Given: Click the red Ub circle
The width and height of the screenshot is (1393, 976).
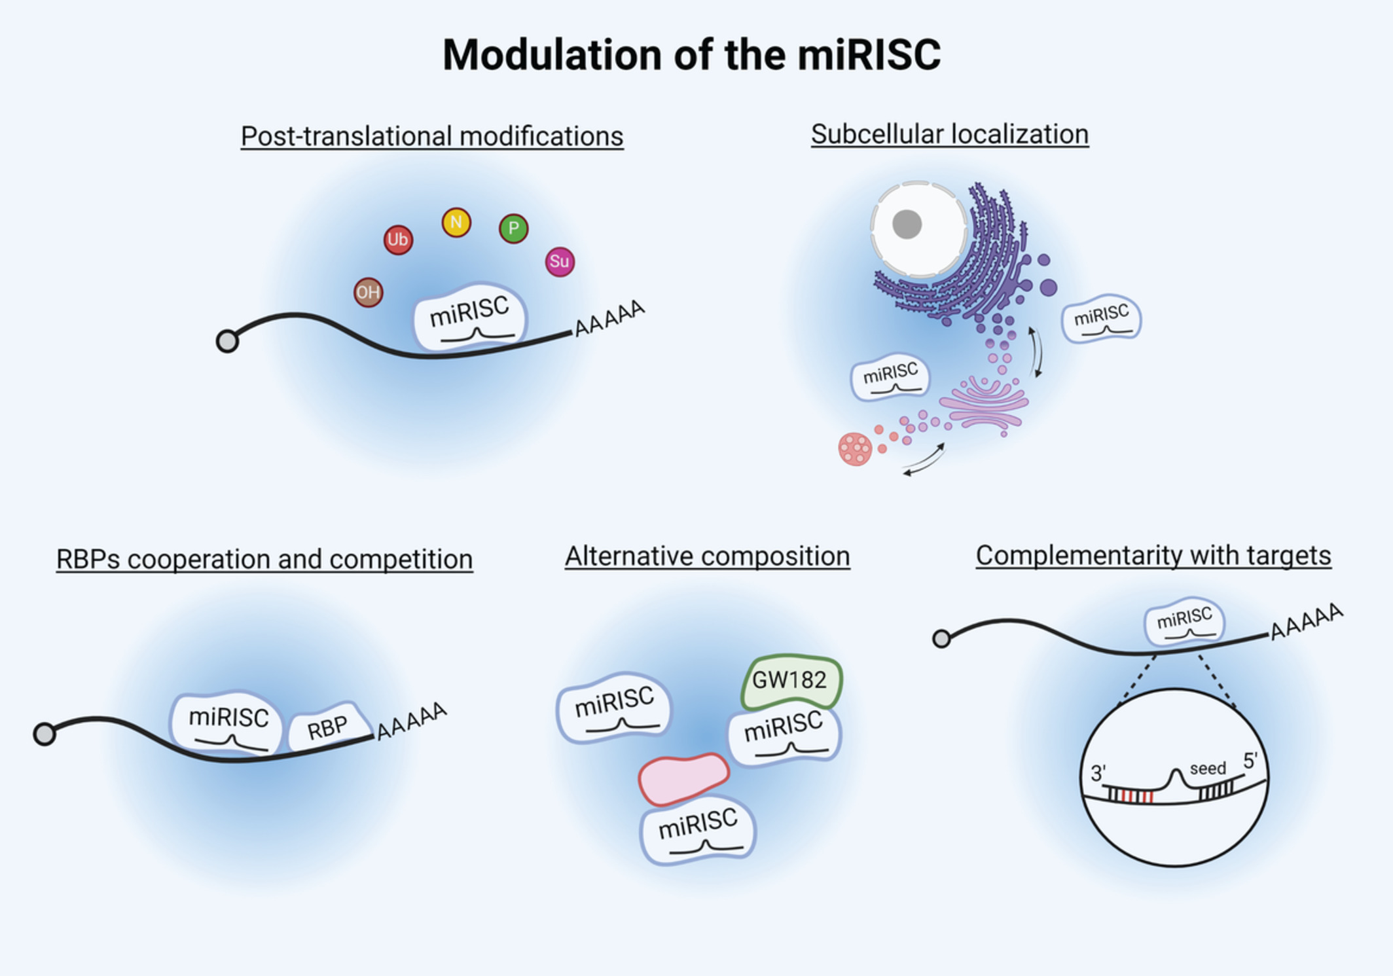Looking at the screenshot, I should click(x=398, y=240).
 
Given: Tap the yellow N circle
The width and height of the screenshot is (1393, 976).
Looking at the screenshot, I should click(x=456, y=223).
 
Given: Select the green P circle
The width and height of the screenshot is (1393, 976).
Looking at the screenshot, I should click(x=514, y=228).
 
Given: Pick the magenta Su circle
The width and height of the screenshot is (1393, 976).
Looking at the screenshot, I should click(x=560, y=262).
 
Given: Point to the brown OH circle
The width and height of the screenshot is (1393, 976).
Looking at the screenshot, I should click(x=368, y=292).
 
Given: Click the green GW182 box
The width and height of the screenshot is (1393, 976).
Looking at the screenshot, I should click(x=791, y=681).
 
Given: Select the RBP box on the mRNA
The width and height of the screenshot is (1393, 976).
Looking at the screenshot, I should click(x=328, y=727).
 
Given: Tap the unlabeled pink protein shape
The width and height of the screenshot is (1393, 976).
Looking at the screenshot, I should click(x=683, y=778).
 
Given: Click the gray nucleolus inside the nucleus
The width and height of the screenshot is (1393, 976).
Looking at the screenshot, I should click(x=907, y=225).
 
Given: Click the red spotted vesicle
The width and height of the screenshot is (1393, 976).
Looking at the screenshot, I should click(x=855, y=449).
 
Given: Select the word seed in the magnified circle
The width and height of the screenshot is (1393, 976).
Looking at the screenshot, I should click(x=1208, y=768).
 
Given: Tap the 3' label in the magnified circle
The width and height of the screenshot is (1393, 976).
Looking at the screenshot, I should click(x=1098, y=774).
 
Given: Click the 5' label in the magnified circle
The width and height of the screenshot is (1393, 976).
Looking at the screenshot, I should click(x=1250, y=761).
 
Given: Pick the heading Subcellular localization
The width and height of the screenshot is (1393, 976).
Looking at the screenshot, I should click(x=949, y=134).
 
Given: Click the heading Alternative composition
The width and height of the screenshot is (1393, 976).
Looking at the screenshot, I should click(x=707, y=556).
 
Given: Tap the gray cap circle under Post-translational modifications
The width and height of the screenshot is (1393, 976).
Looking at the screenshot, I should click(x=227, y=341).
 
